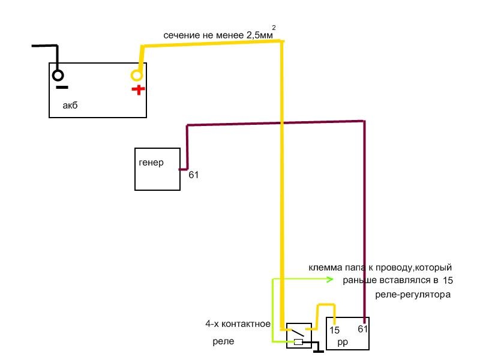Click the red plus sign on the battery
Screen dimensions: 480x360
139,90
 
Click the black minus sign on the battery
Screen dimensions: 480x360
61,88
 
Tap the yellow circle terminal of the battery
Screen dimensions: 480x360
137,75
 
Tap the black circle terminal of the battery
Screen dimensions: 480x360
58,75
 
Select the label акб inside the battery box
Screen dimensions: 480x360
70,106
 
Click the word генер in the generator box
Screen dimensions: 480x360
151,163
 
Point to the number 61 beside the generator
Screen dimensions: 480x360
193,175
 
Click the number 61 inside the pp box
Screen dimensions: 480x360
362,329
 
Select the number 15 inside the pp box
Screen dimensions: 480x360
334,330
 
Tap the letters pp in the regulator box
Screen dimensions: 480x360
343,342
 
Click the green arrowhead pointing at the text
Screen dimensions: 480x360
330,279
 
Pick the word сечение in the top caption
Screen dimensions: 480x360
181,35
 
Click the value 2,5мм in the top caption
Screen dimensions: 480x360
259,35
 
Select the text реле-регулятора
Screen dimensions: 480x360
412,295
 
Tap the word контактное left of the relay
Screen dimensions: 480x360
246,324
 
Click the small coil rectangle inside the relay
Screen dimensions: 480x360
298,343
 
